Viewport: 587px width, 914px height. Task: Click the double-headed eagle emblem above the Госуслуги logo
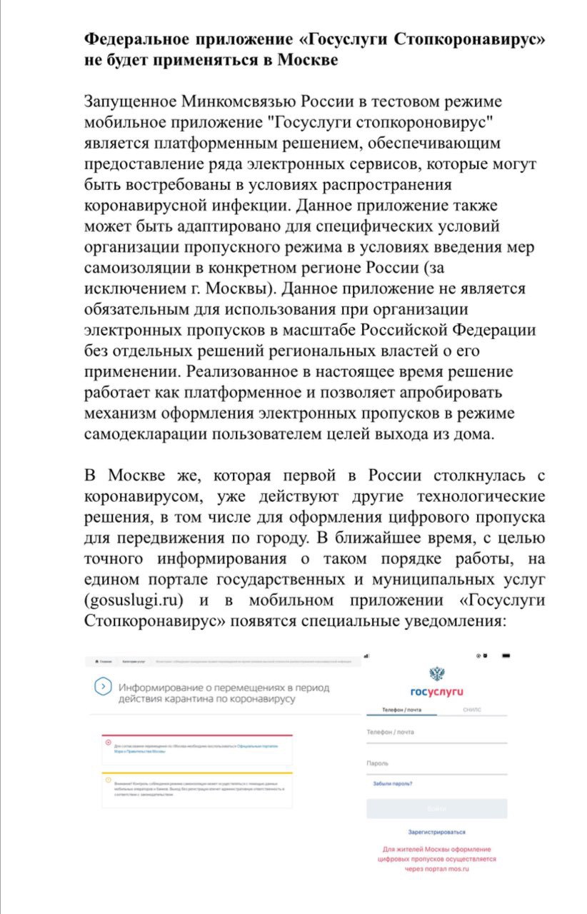(436, 674)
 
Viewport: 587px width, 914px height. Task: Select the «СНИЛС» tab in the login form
(471, 710)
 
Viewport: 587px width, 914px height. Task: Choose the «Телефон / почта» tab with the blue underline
(402, 710)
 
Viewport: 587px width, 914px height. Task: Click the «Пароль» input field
(436, 765)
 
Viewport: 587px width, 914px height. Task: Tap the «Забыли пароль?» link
(393, 784)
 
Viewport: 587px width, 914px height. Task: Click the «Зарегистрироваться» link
(436, 832)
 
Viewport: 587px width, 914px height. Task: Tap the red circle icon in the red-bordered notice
(109, 743)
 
